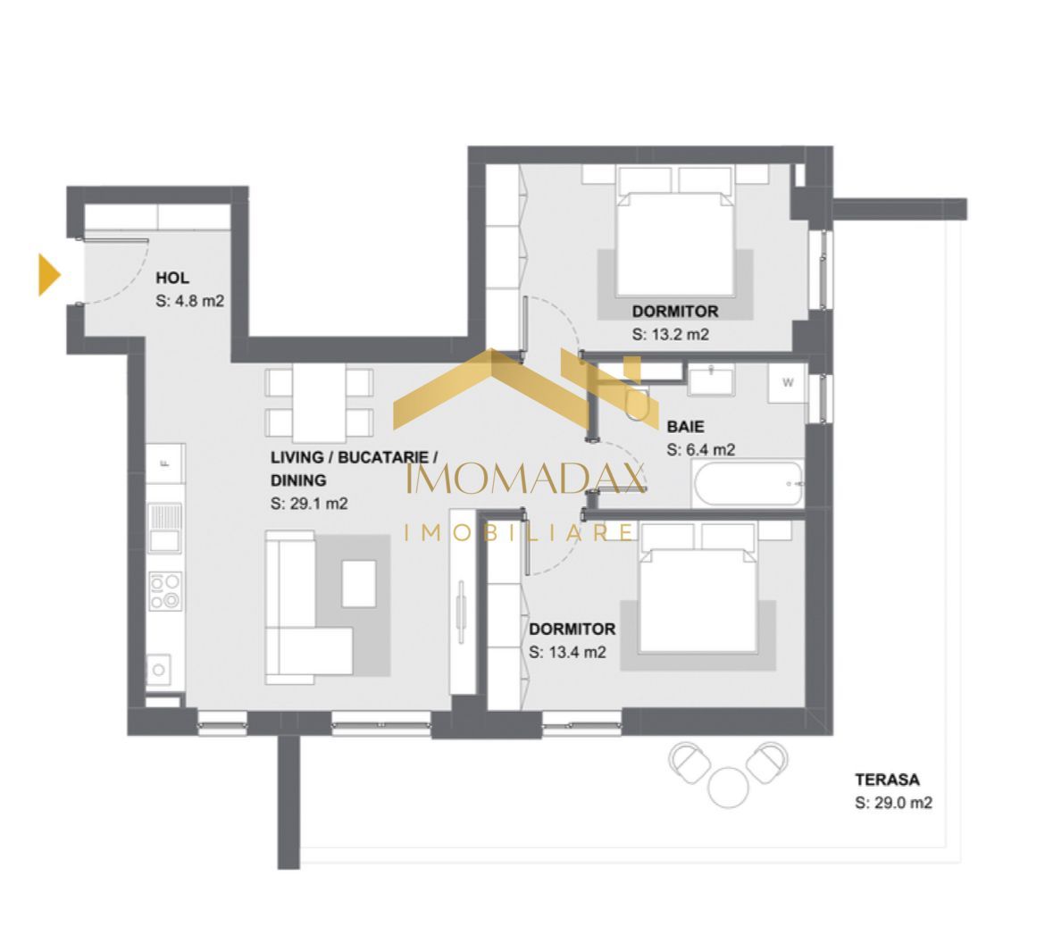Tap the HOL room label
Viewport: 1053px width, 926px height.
tap(172, 279)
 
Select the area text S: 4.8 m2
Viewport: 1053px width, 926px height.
tap(189, 301)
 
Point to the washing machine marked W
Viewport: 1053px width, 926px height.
tap(788, 383)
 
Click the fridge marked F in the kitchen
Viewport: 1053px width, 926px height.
tap(165, 463)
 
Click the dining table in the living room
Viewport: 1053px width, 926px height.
tap(319, 402)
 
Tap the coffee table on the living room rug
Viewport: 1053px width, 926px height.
tap(358, 582)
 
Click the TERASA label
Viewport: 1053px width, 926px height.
tap(886, 780)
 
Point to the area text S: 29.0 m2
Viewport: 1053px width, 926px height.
tap(893, 803)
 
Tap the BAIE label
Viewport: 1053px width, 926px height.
tap(685, 427)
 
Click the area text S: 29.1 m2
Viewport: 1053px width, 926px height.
tap(309, 504)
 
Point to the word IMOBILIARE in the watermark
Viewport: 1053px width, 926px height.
tap(520, 533)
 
